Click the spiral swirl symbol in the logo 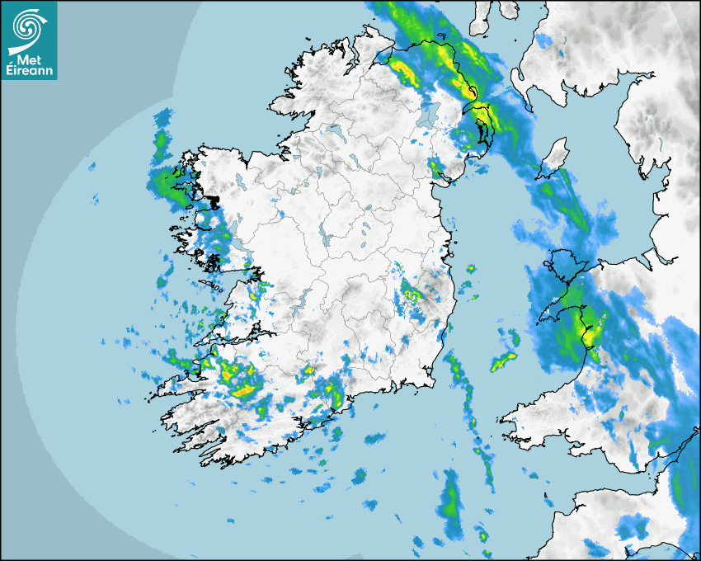28,25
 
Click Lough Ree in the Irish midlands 328,239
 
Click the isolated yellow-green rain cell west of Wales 503,361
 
